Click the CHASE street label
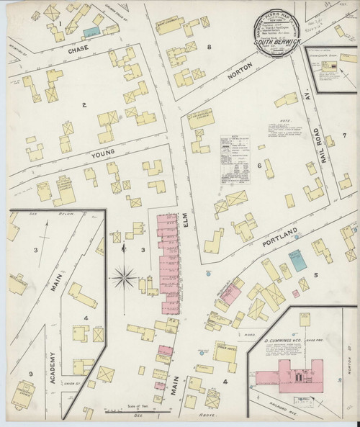[78, 51]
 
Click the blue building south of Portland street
[296, 260]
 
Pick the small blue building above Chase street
[90, 32]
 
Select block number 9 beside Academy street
[30, 373]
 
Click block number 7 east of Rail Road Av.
[344, 135]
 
